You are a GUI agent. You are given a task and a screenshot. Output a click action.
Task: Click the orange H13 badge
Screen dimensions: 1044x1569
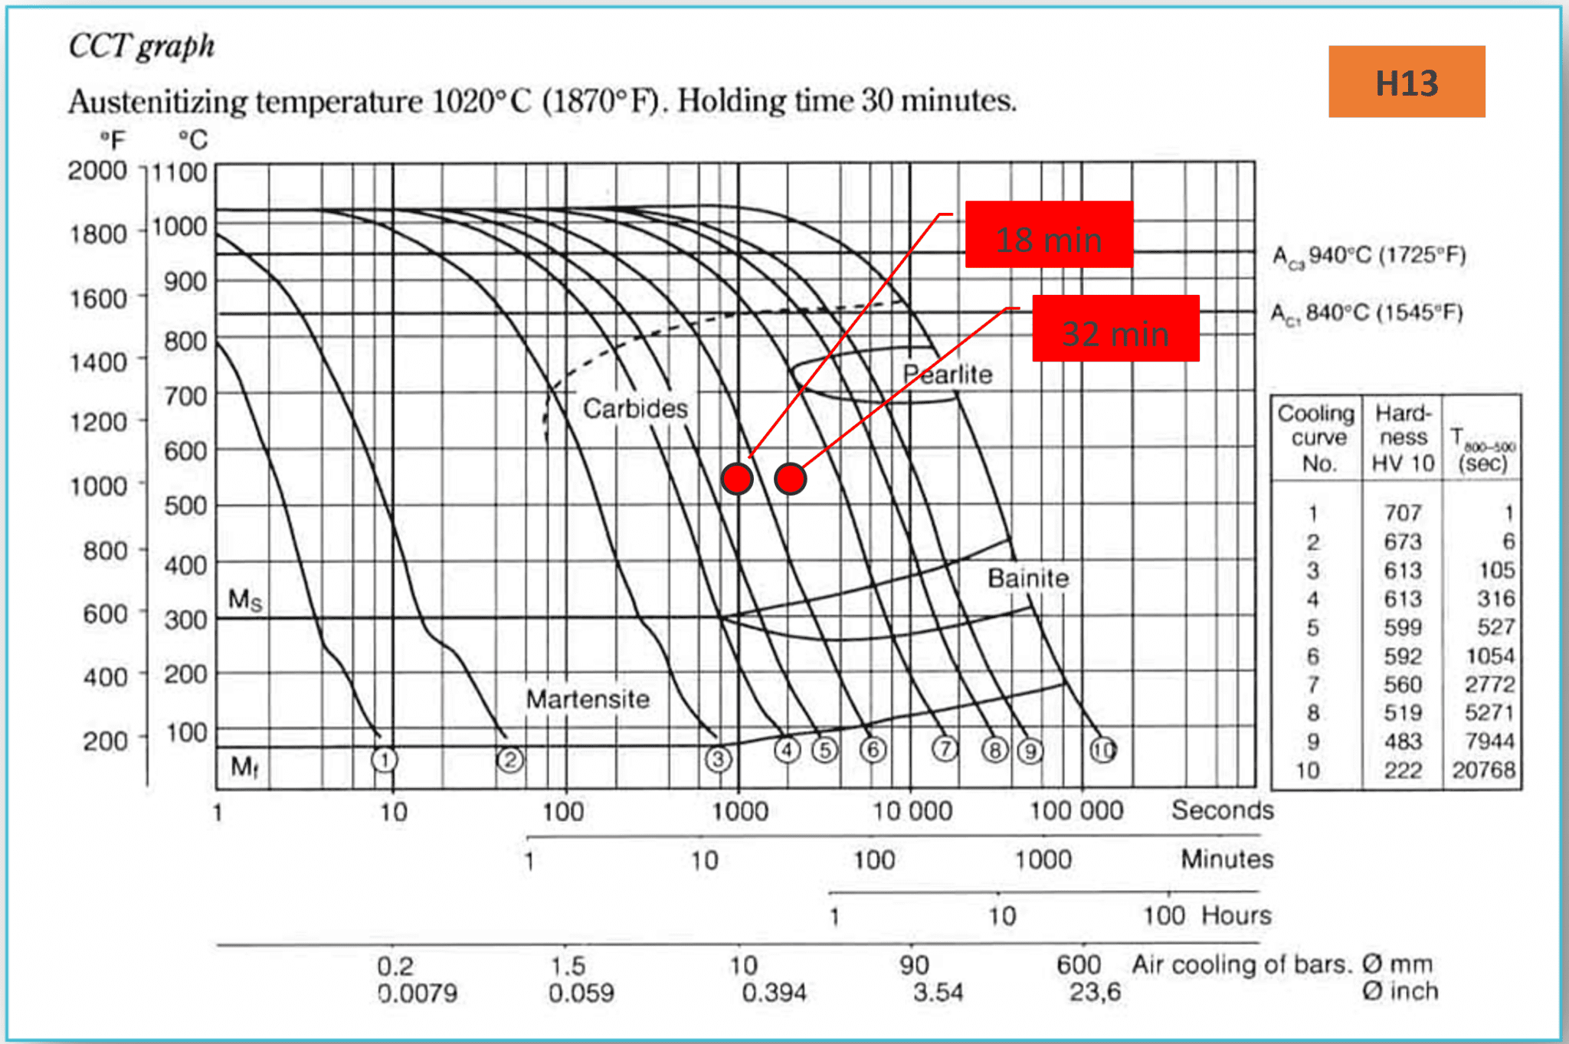(x=1406, y=82)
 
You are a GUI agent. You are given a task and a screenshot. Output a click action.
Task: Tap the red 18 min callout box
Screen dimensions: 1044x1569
(x=1048, y=234)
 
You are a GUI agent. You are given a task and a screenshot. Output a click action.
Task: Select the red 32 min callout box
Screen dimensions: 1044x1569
(x=1115, y=329)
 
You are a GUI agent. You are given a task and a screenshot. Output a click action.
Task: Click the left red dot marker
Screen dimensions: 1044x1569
(x=737, y=479)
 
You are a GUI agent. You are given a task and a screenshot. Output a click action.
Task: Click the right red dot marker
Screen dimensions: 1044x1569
(x=790, y=479)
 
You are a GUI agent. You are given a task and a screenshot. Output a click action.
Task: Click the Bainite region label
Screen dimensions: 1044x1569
(x=1027, y=578)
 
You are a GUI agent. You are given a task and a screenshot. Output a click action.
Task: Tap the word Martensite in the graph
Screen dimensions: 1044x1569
(x=588, y=699)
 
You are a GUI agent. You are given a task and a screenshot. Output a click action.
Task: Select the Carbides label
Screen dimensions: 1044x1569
(x=635, y=408)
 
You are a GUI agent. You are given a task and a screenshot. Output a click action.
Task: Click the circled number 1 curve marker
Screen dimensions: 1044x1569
(x=385, y=760)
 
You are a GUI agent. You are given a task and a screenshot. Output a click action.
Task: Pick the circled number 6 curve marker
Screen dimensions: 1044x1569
(x=873, y=750)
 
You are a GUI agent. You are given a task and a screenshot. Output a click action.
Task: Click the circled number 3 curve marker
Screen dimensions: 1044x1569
(x=718, y=759)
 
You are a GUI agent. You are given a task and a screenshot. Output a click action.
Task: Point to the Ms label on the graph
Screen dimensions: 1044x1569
(x=245, y=599)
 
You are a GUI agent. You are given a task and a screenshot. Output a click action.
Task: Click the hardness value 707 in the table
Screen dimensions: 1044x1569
(x=1402, y=512)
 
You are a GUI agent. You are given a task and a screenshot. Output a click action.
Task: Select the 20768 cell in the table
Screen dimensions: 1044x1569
(x=1483, y=770)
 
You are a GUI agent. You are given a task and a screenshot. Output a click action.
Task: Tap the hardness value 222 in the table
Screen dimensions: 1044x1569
(x=1402, y=770)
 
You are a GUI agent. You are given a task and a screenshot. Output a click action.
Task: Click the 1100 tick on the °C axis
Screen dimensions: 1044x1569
(x=179, y=172)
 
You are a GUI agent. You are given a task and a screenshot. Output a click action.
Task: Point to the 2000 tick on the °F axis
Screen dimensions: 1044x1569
(x=97, y=170)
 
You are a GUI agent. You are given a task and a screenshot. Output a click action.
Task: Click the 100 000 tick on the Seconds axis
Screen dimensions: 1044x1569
(x=1076, y=810)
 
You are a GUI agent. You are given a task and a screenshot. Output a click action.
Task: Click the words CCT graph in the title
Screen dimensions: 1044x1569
(x=142, y=46)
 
